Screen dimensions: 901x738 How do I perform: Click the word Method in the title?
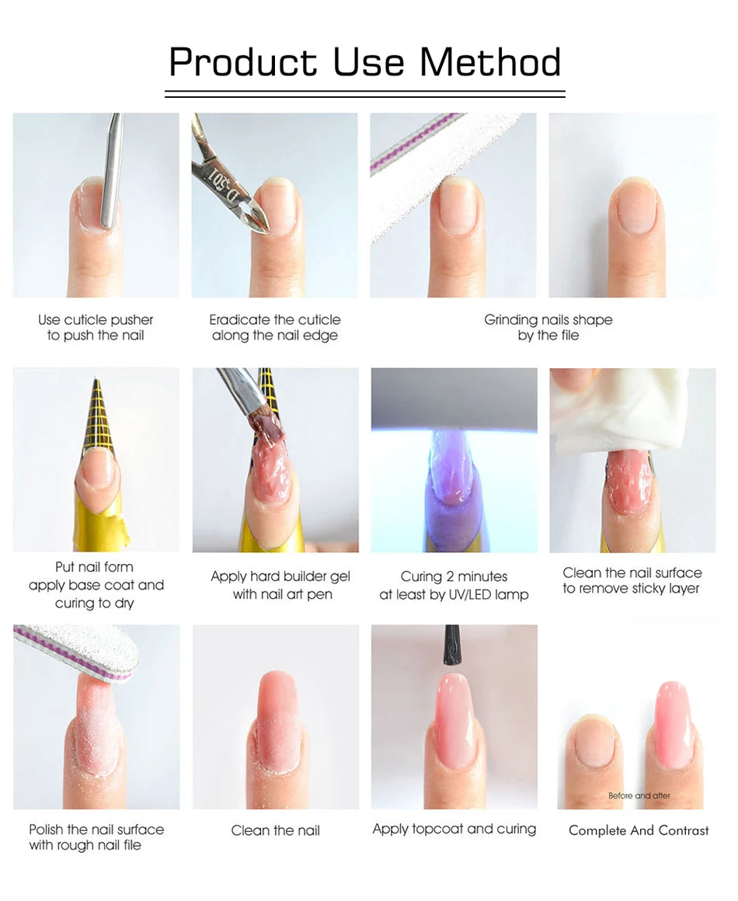[x=490, y=62]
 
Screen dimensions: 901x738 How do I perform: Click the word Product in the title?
[x=243, y=62]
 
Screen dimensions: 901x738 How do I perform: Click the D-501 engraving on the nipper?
[x=221, y=172]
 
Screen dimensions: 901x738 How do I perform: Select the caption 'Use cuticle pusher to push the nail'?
[x=96, y=328]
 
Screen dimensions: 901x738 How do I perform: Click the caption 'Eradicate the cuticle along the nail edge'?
[x=275, y=328]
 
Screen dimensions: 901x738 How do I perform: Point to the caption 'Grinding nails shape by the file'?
[x=548, y=328]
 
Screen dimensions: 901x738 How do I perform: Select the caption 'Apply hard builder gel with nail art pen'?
[x=280, y=585]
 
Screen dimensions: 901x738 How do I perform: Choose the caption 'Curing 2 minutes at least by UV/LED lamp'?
[x=454, y=585]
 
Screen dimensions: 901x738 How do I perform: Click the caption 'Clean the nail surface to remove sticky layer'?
[x=632, y=580]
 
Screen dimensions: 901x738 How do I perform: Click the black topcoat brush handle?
[x=452, y=645]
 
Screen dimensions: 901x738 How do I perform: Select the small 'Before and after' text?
[x=639, y=795]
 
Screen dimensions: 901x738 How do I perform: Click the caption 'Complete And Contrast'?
[x=639, y=830]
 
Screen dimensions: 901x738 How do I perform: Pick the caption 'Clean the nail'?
[x=275, y=830]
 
